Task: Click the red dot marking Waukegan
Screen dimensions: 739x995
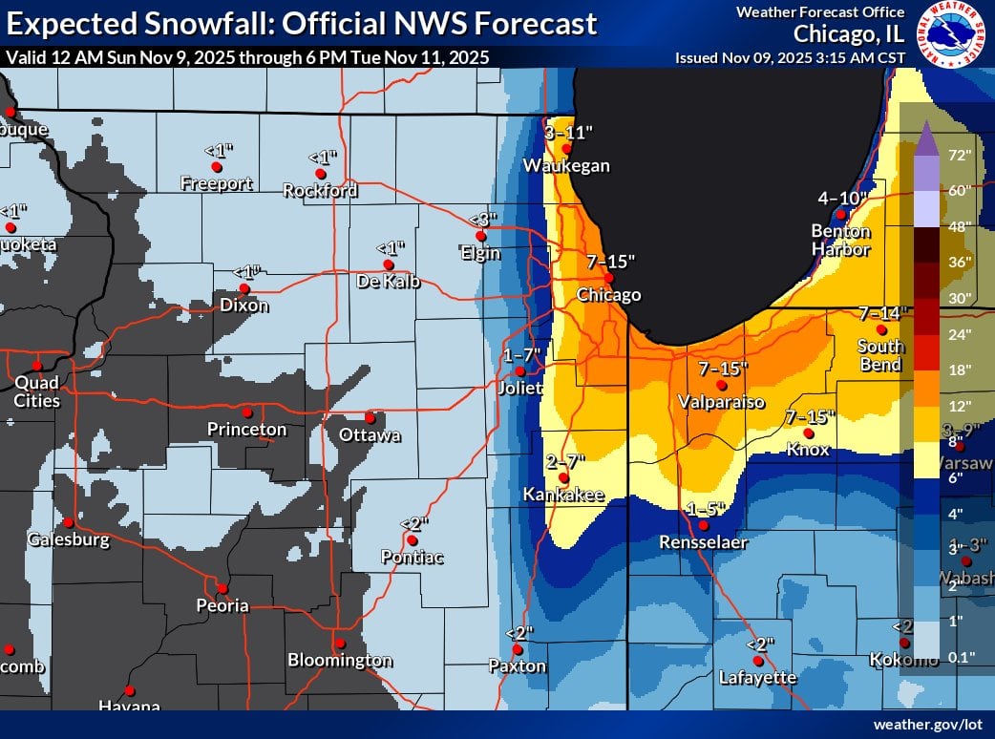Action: point(566,148)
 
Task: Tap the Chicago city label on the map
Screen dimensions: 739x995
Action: point(608,295)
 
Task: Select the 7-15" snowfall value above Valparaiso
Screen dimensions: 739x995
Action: point(723,369)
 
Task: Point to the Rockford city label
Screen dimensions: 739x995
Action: point(320,190)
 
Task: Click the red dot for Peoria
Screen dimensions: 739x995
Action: point(222,589)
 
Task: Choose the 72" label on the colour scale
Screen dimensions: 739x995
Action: point(959,155)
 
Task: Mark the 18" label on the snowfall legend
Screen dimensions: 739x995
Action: point(959,369)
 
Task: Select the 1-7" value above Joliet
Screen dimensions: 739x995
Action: point(522,355)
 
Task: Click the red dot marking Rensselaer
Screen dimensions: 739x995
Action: point(704,525)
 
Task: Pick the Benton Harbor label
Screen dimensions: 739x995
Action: point(840,240)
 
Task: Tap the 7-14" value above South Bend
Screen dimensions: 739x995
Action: point(879,313)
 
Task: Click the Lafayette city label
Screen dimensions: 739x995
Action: point(757,677)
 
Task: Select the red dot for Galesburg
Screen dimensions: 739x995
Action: point(69,522)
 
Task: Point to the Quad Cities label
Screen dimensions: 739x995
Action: point(36,391)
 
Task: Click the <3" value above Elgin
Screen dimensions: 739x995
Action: point(480,221)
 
